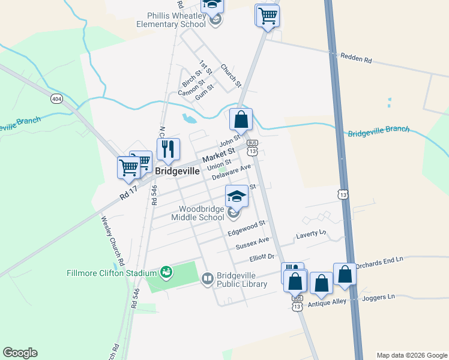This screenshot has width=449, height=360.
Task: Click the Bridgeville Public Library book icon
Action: click(207, 278)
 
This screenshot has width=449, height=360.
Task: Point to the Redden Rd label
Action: click(356, 60)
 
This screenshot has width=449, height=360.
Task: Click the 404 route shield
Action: click(56, 98)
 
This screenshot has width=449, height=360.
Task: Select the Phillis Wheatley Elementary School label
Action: click(171, 20)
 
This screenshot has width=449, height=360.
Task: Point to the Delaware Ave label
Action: click(232, 172)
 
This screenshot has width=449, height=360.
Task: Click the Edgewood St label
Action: click(246, 228)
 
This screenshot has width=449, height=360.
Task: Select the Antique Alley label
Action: click(327, 302)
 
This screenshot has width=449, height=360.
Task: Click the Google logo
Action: click(20, 353)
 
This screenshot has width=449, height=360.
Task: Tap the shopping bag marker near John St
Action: click(241, 119)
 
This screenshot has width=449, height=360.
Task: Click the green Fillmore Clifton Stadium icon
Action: click(167, 272)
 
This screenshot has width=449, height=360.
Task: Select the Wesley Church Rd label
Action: click(112, 241)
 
